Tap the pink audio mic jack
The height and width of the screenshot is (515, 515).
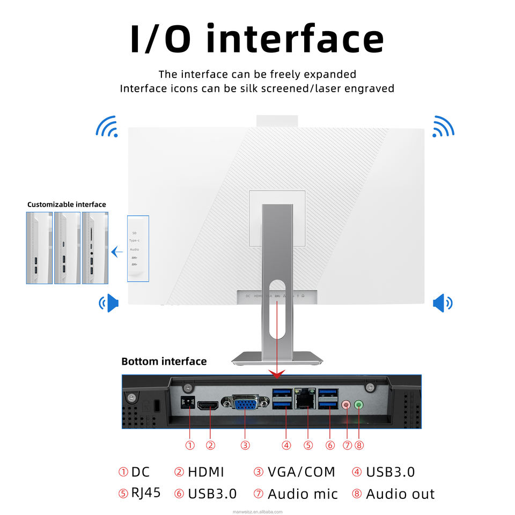[347, 406]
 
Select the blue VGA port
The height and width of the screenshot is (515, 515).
[245, 403]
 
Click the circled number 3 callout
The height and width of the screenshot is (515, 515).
[245, 445]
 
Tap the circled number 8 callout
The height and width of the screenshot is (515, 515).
[359, 445]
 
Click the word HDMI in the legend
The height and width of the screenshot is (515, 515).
[206, 472]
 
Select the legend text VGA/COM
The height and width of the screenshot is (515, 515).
[301, 472]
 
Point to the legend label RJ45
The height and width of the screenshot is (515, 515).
[146, 492]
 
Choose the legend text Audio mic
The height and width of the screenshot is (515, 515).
[303, 494]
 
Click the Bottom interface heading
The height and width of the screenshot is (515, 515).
[164, 362]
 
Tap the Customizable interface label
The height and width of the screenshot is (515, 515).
[67, 204]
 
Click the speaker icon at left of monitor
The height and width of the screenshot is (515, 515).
[109, 303]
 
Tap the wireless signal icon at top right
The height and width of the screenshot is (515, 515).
[443, 126]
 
